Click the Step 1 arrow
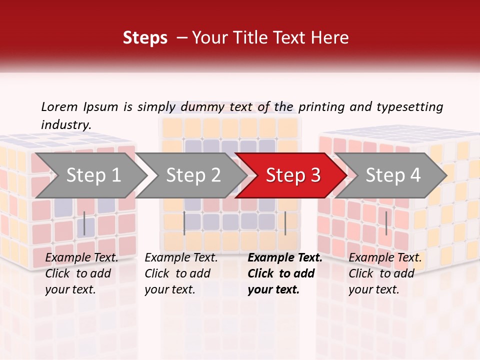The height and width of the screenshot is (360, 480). coord(93,175)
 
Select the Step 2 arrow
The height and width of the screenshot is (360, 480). coord(193,175)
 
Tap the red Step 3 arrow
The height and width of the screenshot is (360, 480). coord(292,175)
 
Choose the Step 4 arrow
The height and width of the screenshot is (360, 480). coord(392,175)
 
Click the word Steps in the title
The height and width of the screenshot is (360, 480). coord(145,38)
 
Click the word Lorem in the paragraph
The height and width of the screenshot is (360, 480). coord(59,107)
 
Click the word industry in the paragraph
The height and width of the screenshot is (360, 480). coord(65,124)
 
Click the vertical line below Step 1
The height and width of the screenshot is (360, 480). coord(84,223)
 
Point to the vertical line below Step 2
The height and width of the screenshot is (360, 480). coord(184,223)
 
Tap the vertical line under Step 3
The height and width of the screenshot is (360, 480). coord(285,223)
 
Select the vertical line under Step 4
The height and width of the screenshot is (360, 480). coord(386,223)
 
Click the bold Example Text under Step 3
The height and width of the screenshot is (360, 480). coord(285,258)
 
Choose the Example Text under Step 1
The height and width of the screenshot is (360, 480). coord(81,258)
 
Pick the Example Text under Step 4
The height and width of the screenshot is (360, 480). coord(385,258)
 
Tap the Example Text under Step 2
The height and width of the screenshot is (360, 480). coord(181,258)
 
